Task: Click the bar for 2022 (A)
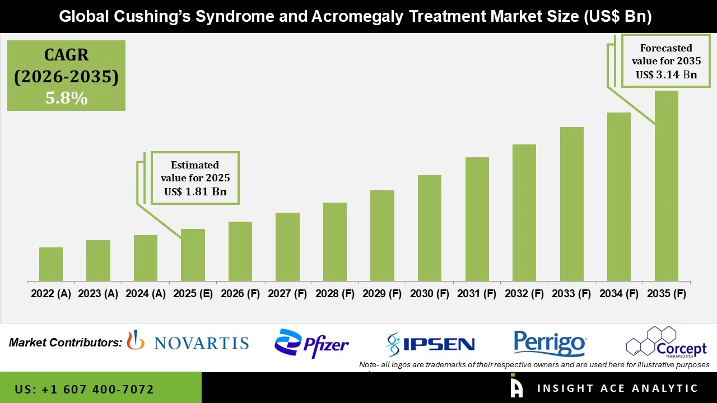click(51, 264)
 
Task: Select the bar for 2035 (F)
click(666, 186)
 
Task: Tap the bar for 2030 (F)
click(430, 228)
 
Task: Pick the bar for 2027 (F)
click(287, 247)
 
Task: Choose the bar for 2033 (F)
click(571, 204)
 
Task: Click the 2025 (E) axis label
click(193, 294)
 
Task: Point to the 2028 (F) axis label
click(335, 294)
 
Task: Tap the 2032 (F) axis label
click(524, 294)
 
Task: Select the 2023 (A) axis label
click(98, 294)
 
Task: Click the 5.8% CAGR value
click(66, 99)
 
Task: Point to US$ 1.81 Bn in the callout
click(195, 192)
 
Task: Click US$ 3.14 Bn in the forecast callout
click(666, 74)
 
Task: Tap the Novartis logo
click(188, 342)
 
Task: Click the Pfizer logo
click(311, 343)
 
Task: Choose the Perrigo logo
click(550, 343)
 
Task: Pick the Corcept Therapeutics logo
click(666, 342)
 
